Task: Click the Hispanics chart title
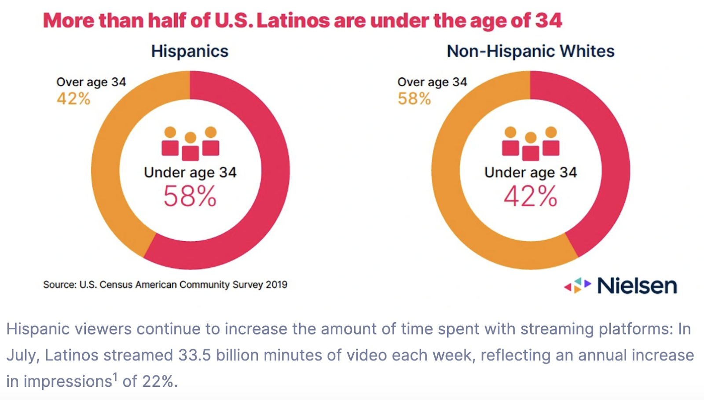pos(190,51)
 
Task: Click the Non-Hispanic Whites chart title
pos(530,51)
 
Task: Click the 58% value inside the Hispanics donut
pos(190,196)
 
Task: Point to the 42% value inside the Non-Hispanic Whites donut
pos(530,196)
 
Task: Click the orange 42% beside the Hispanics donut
pos(73,99)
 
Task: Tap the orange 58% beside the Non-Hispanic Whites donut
pos(414,99)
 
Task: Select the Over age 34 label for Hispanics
pos(91,82)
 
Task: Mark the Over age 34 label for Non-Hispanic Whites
pos(432,82)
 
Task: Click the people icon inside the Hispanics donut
pos(190,143)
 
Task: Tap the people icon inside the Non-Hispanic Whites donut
pos(531,143)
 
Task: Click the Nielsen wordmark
pos(637,286)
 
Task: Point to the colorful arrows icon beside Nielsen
pos(577,286)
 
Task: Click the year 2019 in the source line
pos(276,285)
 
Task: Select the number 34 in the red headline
pos(549,21)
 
